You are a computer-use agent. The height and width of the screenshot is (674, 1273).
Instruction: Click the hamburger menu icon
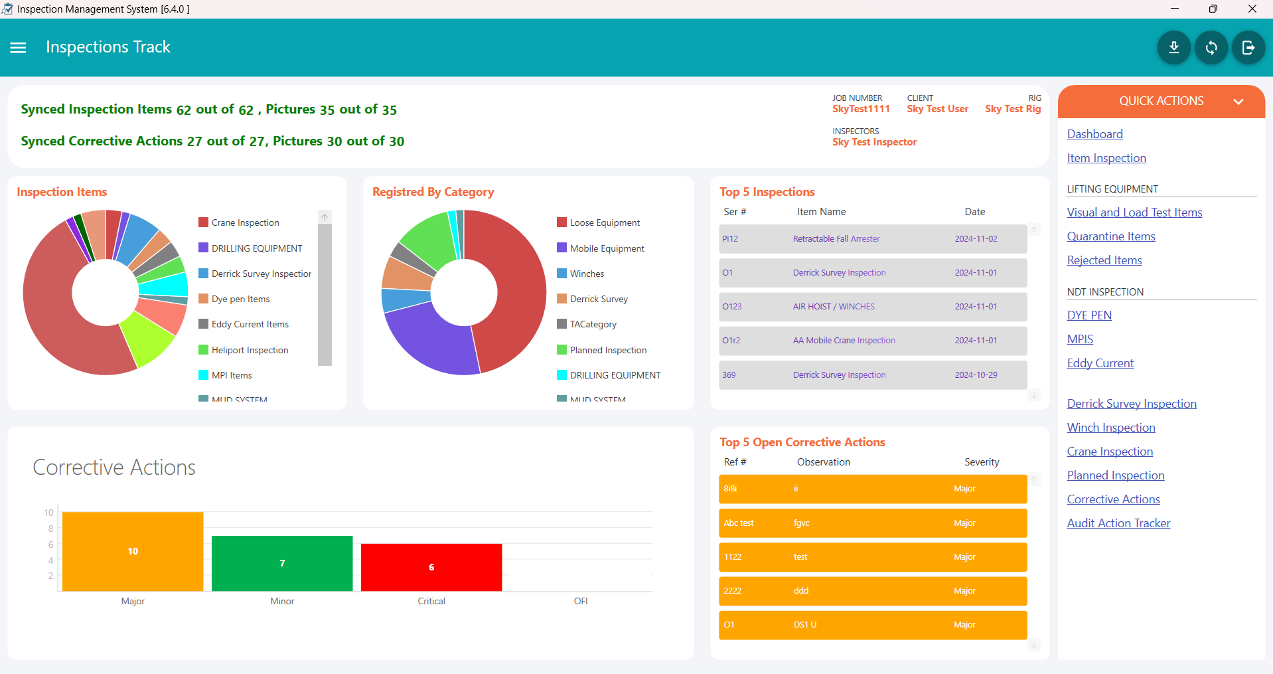click(x=18, y=48)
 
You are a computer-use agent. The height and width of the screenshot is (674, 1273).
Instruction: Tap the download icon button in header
click(x=1173, y=48)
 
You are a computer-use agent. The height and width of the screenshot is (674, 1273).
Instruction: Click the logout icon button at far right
click(x=1248, y=48)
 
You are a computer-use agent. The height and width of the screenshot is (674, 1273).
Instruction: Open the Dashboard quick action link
click(x=1094, y=134)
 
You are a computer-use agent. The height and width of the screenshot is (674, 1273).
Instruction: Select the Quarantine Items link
click(x=1110, y=236)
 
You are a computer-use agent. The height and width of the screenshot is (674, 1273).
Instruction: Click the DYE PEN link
click(x=1088, y=315)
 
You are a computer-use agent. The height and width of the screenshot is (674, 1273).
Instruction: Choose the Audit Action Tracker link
click(x=1118, y=523)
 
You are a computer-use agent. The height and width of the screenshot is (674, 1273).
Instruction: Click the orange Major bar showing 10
click(x=133, y=551)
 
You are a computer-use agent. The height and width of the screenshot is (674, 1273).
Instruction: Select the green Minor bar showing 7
click(x=282, y=563)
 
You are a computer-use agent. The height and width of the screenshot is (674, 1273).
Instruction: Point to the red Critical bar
click(x=431, y=567)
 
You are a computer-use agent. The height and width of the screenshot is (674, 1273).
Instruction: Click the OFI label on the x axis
click(x=581, y=601)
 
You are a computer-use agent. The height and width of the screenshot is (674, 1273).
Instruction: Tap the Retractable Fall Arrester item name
click(x=836, y=239)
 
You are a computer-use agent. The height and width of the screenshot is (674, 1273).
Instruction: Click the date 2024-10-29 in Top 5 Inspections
click(x=976, y=375)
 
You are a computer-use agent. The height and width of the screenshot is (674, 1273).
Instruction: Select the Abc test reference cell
click(x=738, y=523)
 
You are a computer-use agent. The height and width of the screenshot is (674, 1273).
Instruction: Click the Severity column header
click(x=981, y=462)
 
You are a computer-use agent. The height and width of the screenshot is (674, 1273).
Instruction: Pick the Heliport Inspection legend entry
click(x=250, y=350)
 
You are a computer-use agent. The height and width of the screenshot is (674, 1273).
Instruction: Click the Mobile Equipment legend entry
click(x=607, y=248)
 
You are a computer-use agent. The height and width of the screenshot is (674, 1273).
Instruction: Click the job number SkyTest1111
click(x=861, y=109)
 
